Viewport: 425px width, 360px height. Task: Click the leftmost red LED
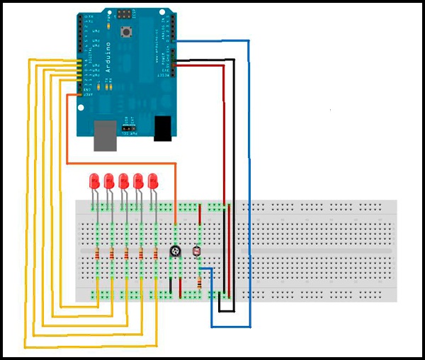tap(93, 181)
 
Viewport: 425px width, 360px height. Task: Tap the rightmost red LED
tap(153, 181)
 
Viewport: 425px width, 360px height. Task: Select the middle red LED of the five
tap(124, 181)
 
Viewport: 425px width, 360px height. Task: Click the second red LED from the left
tap(109, 181)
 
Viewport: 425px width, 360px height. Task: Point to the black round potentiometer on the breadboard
tap(175, 251)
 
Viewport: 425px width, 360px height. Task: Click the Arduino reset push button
tap(128, 32)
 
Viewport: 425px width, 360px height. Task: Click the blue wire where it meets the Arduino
tap(212, 41)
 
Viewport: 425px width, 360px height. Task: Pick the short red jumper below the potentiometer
tap(181, 285)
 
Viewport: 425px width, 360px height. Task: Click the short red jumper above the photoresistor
tap(200, 214)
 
